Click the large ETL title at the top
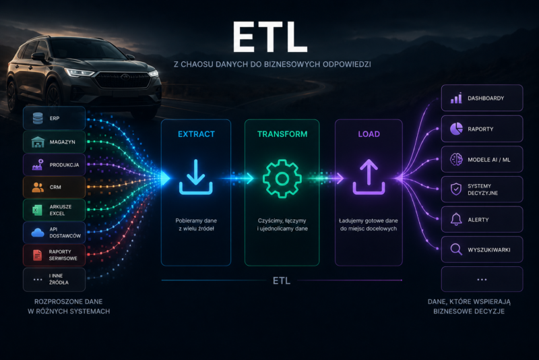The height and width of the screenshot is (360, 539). [x=270, y=37]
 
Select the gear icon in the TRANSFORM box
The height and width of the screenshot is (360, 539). [x=282, y=179]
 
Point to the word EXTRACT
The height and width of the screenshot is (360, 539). [x=196, y=134]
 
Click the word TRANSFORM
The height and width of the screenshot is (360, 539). [x=282, y=134]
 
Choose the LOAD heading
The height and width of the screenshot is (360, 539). [x=369, y=134]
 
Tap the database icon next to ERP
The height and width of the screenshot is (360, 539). [x=38, y=118]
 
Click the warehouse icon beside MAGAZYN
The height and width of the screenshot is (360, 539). [x=38, y=142]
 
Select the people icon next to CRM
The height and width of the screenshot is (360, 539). [x=38, y=187]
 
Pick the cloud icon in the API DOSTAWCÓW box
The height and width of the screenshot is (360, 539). [x=38, y=233]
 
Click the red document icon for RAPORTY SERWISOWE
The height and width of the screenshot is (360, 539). [x=37, y=255]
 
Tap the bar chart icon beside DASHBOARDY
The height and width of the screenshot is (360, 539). [x=456, y=98]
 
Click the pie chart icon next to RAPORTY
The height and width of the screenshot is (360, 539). [x=456, y=129]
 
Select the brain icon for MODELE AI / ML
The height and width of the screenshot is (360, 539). [x=456, y=159]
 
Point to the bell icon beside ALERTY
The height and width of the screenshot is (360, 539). [x=456, y=219]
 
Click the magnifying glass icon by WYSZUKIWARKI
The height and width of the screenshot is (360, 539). [x=456, y=249]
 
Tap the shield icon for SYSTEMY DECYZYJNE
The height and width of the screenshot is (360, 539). [x=456, y=189]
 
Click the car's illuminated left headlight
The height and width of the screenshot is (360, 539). [x=79, y=73]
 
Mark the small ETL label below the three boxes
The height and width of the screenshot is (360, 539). [x=282, y=280]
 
